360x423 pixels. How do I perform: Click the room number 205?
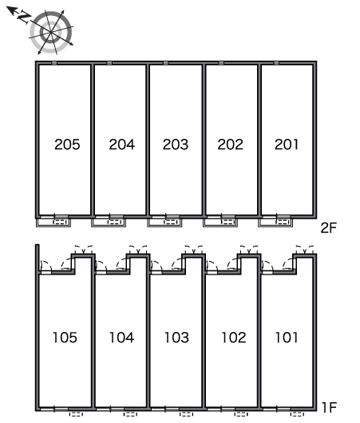point(67,144)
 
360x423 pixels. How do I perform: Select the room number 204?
point(122,144)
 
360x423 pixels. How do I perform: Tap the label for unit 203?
point(176,144)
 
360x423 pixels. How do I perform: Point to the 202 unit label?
point(230,144)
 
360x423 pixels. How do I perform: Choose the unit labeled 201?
point(287,144)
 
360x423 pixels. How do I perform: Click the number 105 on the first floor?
point(65,338)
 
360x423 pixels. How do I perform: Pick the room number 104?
point(121,338)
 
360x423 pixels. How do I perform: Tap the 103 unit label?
point(176,338)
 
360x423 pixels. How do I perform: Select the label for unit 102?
point(234,338)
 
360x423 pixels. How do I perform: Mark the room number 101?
point(287,338)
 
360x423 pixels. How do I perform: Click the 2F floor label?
point(329,228)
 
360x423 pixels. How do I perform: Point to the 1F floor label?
point(329,408)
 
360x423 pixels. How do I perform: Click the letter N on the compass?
point(24,17)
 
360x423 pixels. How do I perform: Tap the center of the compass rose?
point(51,32)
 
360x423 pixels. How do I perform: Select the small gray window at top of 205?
point(54,63)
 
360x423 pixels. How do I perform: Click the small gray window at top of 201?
point(276,63)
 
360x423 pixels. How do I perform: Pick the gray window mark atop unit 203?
point(166,63)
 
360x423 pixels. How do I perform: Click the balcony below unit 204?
point(109,223)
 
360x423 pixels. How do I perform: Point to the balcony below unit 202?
point(220,223)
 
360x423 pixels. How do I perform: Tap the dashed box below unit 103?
point(186,414)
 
